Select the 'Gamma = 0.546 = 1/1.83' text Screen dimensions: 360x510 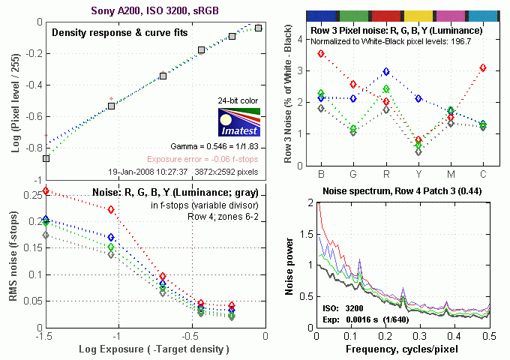[x=223, y=147]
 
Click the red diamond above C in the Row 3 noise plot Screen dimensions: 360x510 [x=483, y=68]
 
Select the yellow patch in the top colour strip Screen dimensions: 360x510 [x=418, y=16]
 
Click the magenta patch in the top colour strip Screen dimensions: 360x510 [x=450, y=16]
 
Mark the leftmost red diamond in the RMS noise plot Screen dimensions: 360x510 [x=46, y=191]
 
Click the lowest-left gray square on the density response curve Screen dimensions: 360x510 [x=46, y=159]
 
